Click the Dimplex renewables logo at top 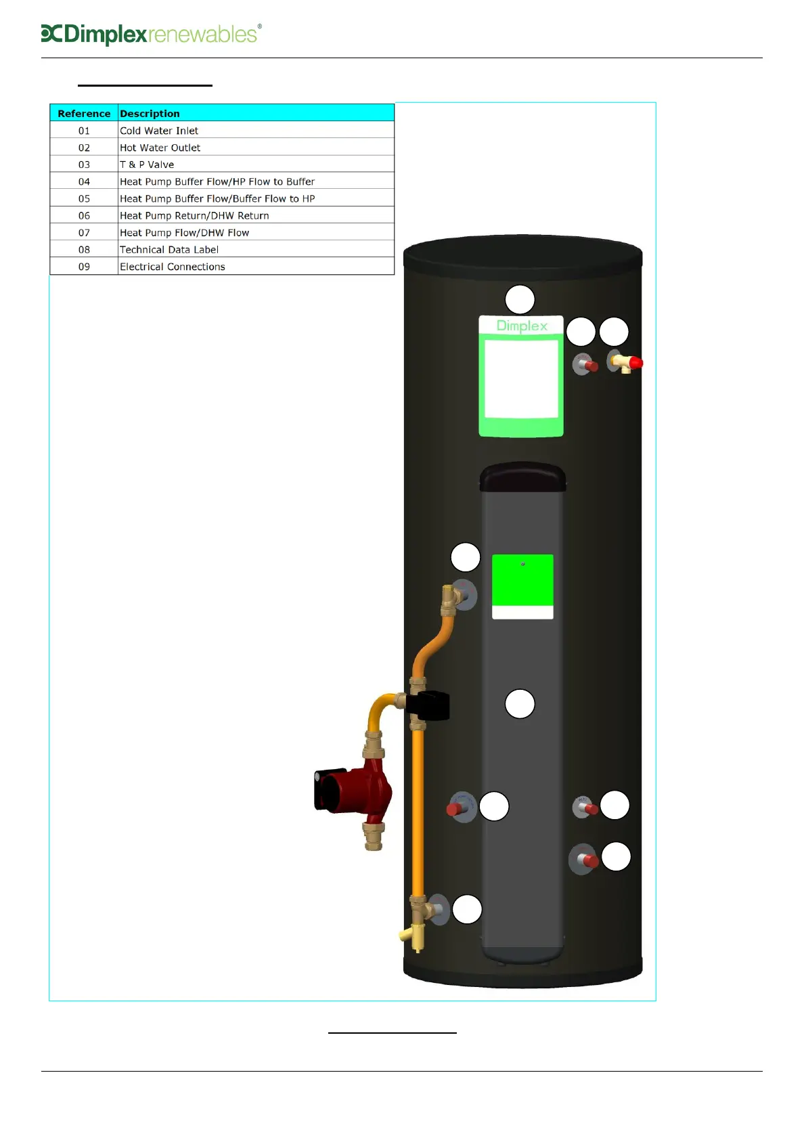coord(150,34)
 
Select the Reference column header coord(84,113)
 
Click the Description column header coord(150,113)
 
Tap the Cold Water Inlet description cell coord(159,131)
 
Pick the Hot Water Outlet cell coord(160,148)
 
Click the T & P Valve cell coord(147,165)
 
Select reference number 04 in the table coord(84,181)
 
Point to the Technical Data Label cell coord(169,250)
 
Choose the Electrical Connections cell coord(173,267)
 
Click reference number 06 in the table coord(84,215)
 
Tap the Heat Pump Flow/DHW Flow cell coord(184,233)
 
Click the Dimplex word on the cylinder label coord(522,326)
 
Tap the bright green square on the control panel coord(522,579)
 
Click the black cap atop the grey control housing coord(522,477)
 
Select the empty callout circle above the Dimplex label coord(520,300)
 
